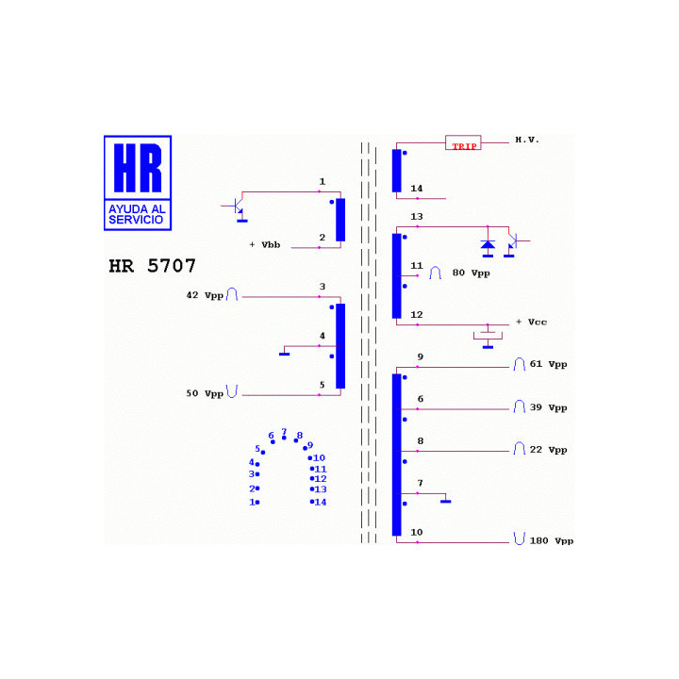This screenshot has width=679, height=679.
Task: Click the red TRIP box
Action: pos(463,142)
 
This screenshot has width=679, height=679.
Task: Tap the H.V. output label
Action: pos(527,140)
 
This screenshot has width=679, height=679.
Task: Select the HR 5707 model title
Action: pos(152,266)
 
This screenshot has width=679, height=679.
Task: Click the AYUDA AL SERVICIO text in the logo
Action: pos(137,214)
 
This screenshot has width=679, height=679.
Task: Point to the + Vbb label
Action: pos(265,245)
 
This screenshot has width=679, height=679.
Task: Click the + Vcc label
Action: pos(531,323)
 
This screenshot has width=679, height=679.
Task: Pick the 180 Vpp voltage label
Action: pos(552,541)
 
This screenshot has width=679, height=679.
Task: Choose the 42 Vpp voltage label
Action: pos(205,295)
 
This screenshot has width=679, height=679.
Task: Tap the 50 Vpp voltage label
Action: pos(205,393)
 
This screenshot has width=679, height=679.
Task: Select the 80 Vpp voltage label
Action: pos(472,273)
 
